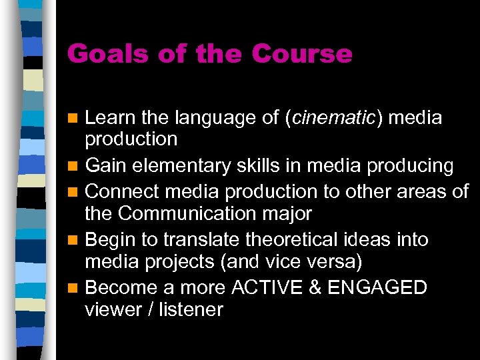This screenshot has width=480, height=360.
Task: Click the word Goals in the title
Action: (101, 54)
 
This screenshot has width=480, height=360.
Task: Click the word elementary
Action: (194, 165)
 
